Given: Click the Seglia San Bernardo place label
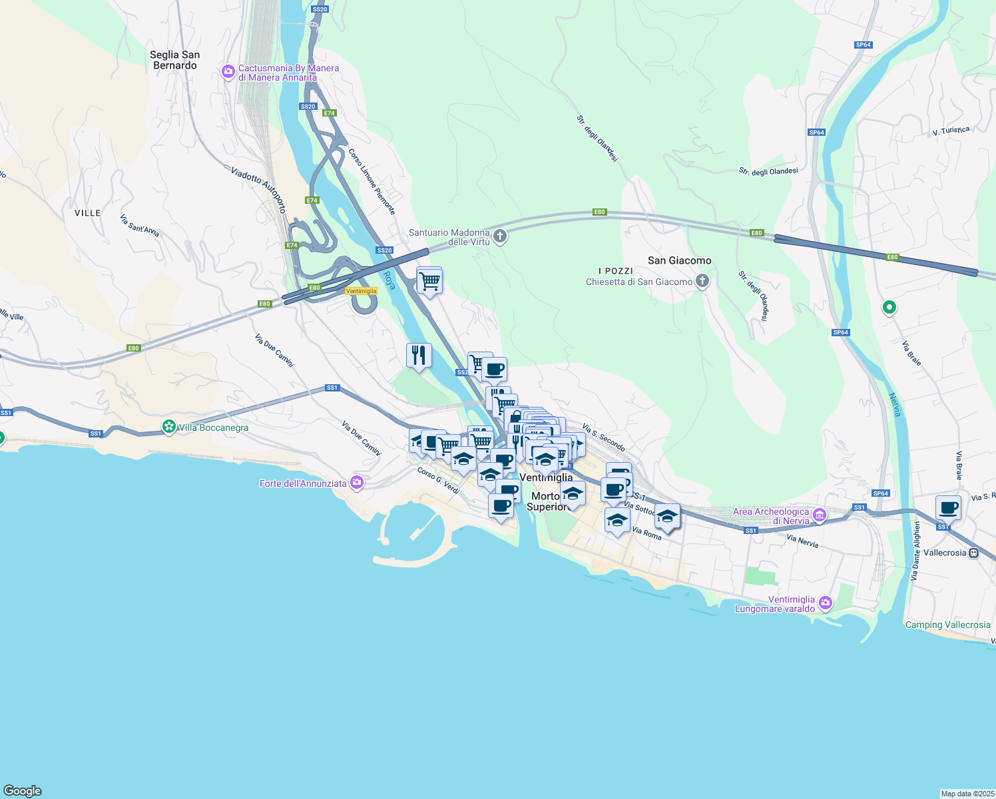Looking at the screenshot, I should coord(174,60).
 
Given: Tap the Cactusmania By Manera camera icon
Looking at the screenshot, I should coord(228,71).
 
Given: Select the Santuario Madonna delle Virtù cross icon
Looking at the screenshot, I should coord(500,236).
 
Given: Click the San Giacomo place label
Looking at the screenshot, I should coord(679,260).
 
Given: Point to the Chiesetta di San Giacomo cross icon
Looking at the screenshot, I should coord(702,281).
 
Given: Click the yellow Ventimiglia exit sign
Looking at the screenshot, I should coord(361,291).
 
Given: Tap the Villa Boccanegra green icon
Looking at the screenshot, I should coord(169,426).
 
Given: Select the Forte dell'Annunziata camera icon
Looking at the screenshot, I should coord(357,482).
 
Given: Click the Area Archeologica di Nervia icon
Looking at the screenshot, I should coord(819,515).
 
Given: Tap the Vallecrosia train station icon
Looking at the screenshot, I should coord(973,553).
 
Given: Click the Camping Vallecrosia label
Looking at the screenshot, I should coord(947,625).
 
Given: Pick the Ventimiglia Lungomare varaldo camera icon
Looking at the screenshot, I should coord(826,603).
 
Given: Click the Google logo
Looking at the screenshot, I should coord(23,790).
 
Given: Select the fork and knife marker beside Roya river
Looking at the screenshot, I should coord(419,356).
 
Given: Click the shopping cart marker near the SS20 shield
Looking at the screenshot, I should coord(429,281).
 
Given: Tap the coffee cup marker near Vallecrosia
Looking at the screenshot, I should coord(948,508).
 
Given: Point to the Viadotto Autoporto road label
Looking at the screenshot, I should coord(258,189).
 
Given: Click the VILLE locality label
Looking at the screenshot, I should coord(87,213).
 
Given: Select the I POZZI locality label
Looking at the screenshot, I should coord(615,271).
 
